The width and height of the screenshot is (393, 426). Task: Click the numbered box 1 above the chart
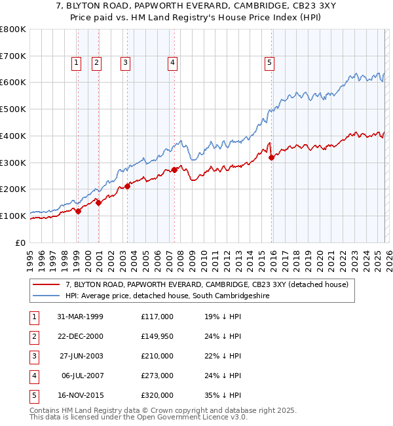tap(77, 63)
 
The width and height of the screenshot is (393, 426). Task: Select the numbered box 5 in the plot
tap(270, 63)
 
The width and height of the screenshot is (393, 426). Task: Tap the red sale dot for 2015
tap(272, 157)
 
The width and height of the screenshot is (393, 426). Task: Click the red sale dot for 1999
tap(78, 211)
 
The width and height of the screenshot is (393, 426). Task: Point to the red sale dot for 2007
tap(175, 170)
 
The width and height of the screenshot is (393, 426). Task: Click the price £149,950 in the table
tap(157, 336)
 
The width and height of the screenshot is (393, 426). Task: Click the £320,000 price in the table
tap(157, 395)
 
